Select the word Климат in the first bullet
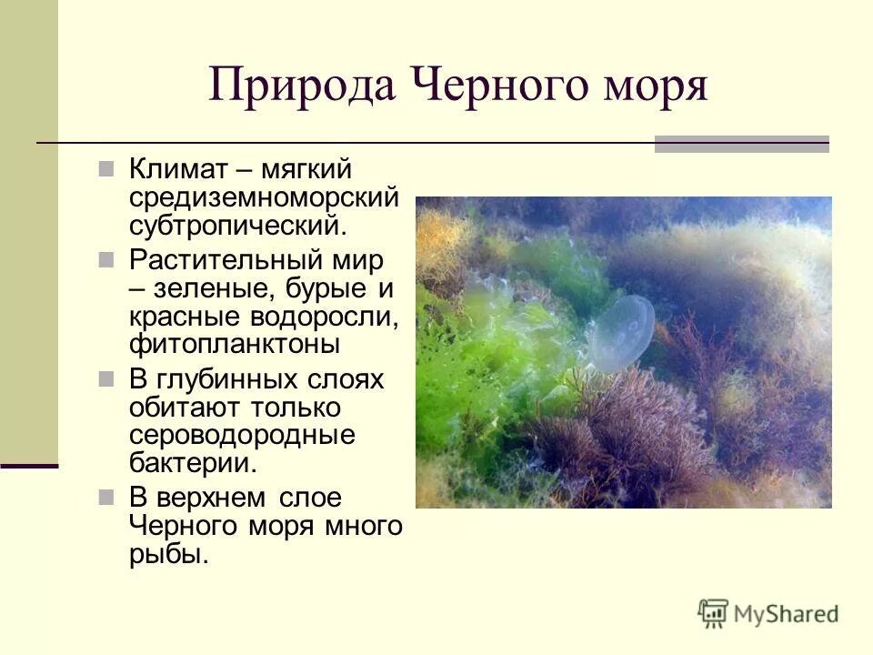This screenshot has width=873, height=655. (x=182, y=170)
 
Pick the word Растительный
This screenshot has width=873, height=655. (x=219, y=259)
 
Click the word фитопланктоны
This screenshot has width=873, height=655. (x=235, y=345)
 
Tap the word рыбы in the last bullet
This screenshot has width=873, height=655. (x=169, y=554)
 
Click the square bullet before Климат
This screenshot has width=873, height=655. (x=106, y=169)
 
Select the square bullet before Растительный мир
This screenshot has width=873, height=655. (x=106, y=259)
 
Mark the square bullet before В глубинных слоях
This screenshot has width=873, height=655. (x=106, y=378)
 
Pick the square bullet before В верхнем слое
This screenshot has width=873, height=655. (x=106, y=497)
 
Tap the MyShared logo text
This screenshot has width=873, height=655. (x=787, y=613)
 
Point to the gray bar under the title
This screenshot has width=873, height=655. (x=742, y=144)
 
